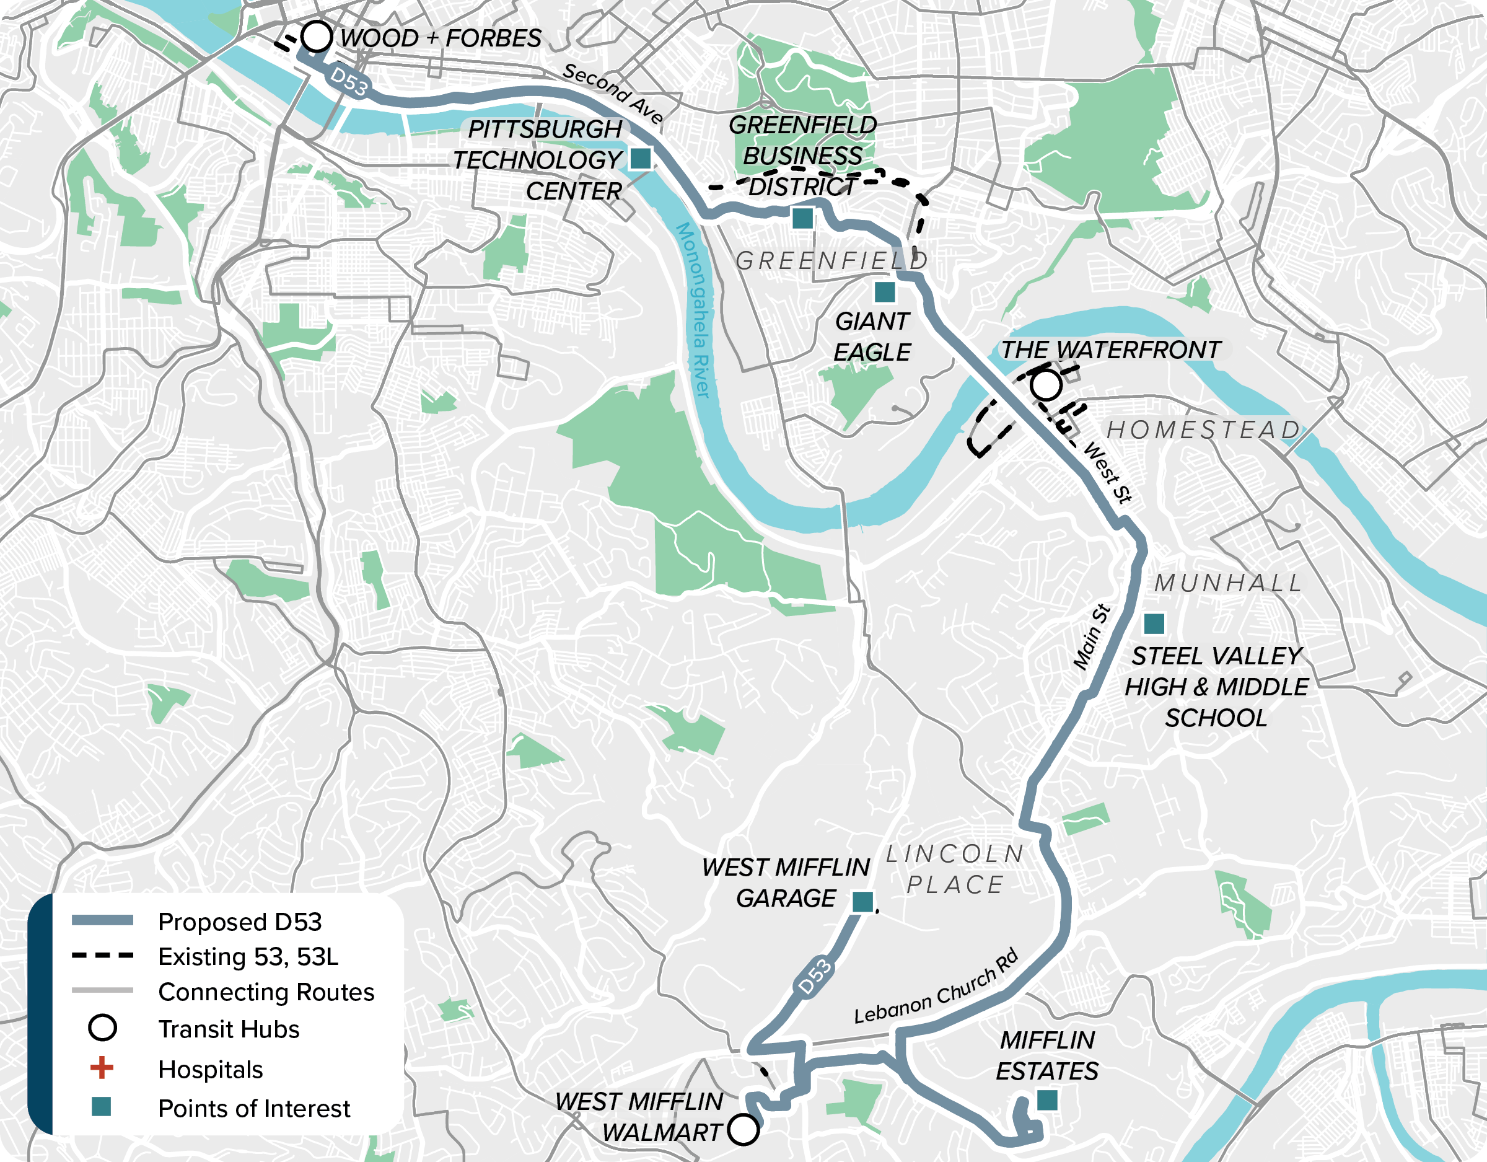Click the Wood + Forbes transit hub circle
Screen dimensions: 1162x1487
(317, 36)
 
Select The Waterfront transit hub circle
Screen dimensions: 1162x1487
(1046, 385)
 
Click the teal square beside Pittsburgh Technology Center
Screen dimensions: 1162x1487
(640, 158)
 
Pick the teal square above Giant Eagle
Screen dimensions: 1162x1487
(884, 292)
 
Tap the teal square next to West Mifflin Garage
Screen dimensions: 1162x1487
(862, 901)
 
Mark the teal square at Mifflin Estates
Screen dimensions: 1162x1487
(1047, 1100)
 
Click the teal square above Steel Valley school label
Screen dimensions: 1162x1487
(1154, 623)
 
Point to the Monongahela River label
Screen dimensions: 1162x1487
(694, 310)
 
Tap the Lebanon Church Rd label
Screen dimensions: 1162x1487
(936, 986)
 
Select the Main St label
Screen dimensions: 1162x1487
(1092, 638)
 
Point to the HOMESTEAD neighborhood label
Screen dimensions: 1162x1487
(1204, 431)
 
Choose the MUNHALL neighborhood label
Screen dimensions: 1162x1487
(1228, 583)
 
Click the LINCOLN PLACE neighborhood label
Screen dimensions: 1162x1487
(955, 869)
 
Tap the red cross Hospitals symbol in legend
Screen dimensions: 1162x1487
(102, 1068)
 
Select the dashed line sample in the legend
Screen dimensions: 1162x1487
(102, 955)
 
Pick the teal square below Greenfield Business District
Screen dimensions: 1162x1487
(803, 218)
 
